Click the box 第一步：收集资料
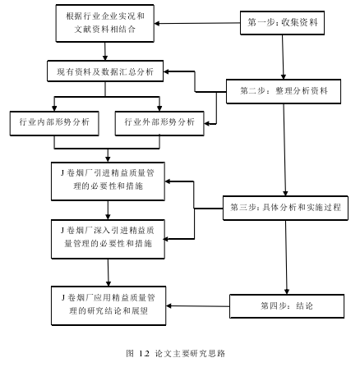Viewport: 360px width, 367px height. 282,23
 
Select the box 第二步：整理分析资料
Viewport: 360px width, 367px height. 284,91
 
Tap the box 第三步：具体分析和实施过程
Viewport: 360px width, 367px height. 285,208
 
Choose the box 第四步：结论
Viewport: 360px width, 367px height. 287,306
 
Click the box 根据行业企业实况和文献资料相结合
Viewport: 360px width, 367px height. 105,23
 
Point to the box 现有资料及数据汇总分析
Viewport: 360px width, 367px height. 105,71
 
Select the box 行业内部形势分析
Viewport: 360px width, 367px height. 54,123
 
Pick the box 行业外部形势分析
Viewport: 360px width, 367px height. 159,123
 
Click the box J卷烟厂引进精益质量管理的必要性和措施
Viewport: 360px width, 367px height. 108,181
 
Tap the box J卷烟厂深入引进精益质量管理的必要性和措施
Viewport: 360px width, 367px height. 108,239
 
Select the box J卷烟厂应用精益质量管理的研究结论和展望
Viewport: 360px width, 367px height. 108,305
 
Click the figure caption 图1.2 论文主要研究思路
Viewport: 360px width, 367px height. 176,353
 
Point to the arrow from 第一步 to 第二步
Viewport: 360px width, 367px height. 283,57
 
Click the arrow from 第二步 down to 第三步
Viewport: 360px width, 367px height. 284,150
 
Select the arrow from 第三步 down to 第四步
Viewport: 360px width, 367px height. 286,257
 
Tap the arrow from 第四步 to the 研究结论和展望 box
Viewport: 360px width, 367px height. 198,306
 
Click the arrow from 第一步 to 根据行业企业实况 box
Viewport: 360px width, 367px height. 197,23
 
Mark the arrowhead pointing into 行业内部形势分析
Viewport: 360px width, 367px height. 54,108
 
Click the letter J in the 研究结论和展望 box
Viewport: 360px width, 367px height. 62,297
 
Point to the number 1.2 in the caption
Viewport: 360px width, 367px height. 144,354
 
